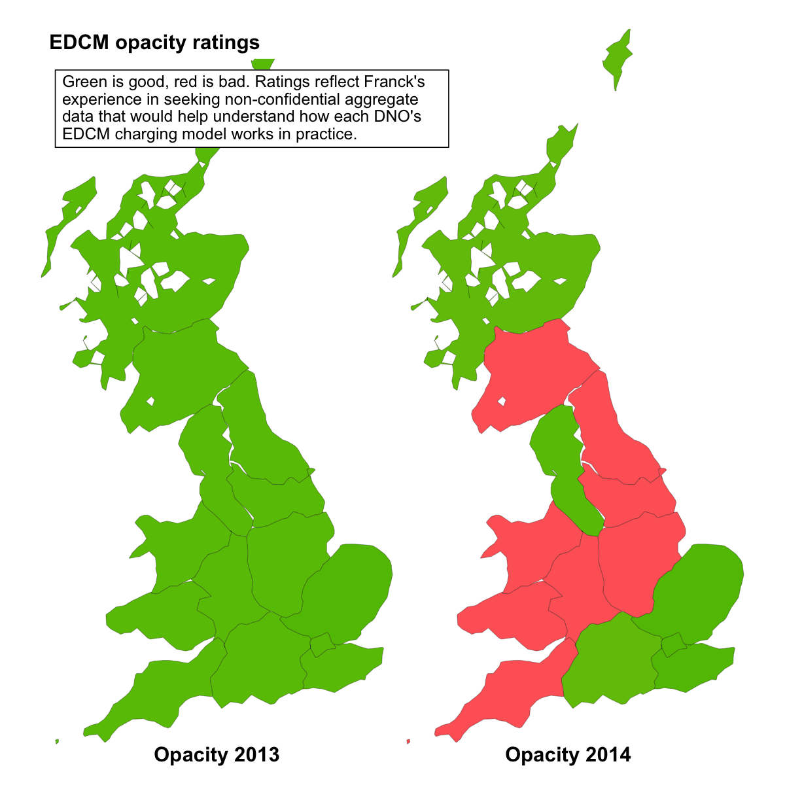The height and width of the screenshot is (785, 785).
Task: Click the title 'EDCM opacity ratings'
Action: [x=154, y=43]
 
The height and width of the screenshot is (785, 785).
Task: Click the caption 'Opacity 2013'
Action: [x=217, y=755]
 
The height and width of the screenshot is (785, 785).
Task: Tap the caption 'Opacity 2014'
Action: [x=568, y=755]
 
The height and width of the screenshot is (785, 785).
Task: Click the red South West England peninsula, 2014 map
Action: [x=517, y=687]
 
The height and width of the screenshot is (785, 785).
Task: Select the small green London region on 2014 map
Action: [x=673, y=646]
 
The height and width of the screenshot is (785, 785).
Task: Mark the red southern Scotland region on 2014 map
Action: [x=523, y=373]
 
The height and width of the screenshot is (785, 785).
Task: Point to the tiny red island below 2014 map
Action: [x=408, y=741]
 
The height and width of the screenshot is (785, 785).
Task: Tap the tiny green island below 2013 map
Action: [x=57, y=741]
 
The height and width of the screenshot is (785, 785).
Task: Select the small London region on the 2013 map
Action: [x=321, y=646]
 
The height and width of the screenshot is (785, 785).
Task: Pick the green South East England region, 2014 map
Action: [x=693, y=667]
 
